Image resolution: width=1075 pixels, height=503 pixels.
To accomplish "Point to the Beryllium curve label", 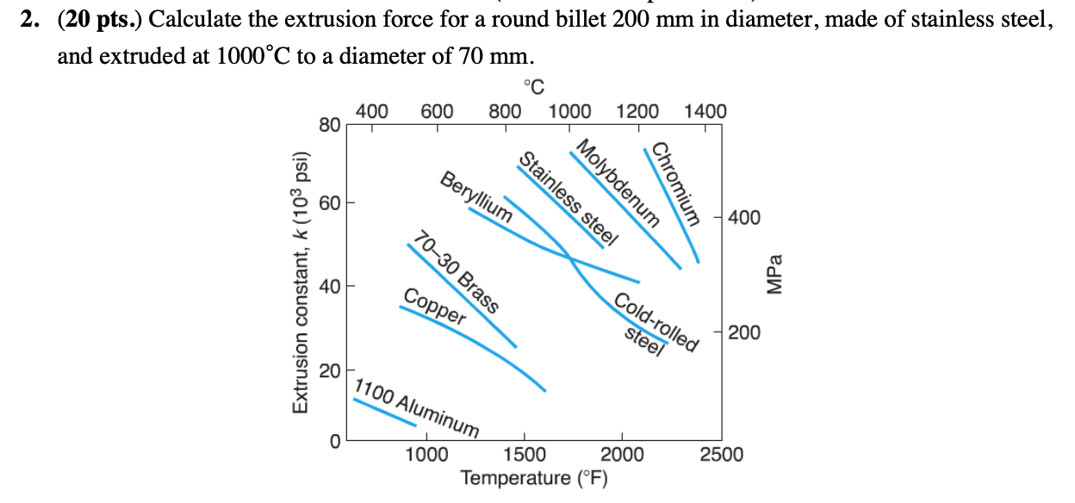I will click(x=476, y=197).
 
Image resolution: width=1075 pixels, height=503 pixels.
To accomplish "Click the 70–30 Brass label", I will click(x=456, y=271).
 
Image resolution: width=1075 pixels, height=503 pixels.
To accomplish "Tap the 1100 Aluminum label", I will click(x=417, y=406).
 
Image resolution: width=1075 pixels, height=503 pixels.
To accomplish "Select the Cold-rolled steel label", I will click(x=654, y=326).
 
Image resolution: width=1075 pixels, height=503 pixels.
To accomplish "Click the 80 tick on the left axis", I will click(x=328, y=125).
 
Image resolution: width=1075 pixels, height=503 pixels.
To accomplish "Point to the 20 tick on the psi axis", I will click(x=328, y=371).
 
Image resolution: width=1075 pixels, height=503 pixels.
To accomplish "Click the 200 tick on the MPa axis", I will click(x=744, y=332).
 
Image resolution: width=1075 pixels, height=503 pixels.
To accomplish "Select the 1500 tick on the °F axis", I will click(x=524, y=455).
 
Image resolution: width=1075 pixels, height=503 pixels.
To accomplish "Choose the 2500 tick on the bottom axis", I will click(x=721, y=455).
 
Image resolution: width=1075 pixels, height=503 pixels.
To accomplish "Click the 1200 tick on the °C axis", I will click(x=637, y=111).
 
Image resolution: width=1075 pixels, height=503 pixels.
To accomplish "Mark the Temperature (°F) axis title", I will click(x=534, y=478).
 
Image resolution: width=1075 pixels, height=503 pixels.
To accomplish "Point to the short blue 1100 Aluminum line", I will click(x=384, y=412).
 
